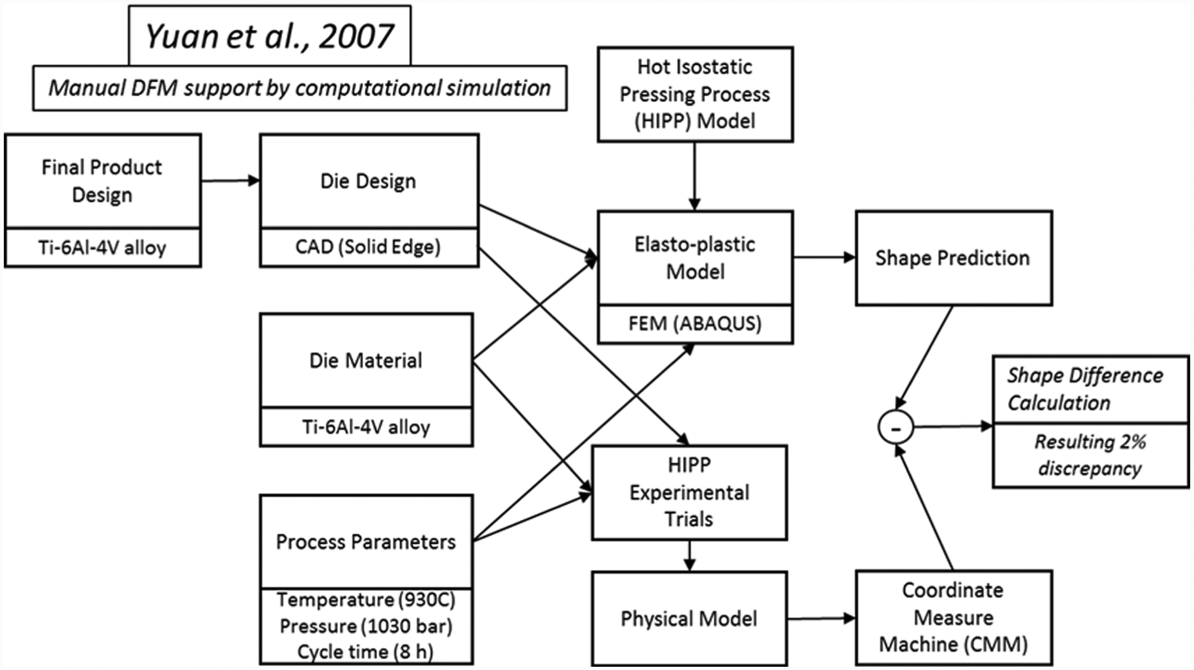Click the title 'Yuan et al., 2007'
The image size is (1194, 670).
270,36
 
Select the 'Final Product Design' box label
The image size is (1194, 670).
102,181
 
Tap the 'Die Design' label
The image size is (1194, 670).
368,181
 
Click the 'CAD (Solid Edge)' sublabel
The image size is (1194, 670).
368,247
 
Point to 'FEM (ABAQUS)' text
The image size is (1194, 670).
695,323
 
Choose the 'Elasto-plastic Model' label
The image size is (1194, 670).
695,258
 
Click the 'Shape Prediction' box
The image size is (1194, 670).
953,258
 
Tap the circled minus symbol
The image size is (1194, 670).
896,427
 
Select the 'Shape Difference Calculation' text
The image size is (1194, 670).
1085,389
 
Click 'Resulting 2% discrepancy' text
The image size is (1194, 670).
1090,455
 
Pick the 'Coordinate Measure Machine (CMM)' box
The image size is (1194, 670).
953,617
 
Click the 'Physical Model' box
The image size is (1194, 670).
689,618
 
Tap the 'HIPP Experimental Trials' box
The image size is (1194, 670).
689,492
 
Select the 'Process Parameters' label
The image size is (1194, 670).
366,541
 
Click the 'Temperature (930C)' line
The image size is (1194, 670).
366,600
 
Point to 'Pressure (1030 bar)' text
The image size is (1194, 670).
366,625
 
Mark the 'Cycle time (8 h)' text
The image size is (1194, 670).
366,651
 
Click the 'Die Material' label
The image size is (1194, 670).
366,360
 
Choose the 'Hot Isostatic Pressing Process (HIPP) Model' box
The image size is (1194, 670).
695,94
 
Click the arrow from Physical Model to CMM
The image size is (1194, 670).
822,619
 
